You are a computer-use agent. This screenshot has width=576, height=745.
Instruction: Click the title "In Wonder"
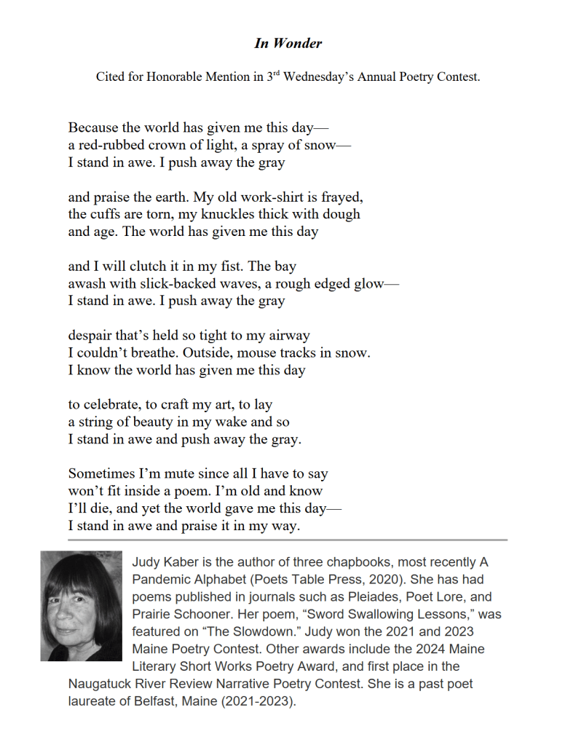(288, 43)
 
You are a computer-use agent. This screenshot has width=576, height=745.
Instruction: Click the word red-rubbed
(111, 145)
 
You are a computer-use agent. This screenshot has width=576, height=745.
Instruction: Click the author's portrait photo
(81, 606)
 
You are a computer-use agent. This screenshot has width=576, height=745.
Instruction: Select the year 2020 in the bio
(322, 580)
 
